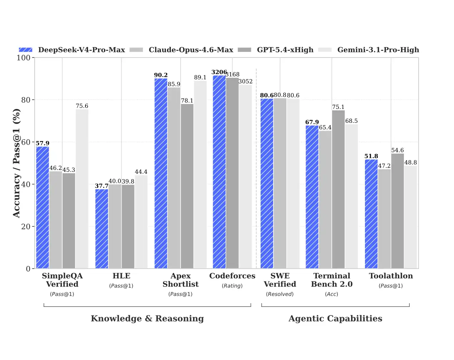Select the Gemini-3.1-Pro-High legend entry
[378, 50]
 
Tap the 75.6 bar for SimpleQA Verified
[82, 189]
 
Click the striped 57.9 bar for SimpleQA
[43, 207]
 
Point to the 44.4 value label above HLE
[141, 172]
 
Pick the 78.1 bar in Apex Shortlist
[187, 186]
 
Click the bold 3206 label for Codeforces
[219, 72]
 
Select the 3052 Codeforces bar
[245, 176]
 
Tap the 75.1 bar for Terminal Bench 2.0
[338, 189]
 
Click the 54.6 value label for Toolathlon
[397, 150]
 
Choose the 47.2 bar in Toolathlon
[384, 219]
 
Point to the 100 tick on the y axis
[24, 57]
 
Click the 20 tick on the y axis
[26, 226]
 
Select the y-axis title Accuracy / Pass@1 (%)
[16, 163]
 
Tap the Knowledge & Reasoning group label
[147, 318]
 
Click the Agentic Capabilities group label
[335, 318]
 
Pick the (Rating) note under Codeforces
[232, 286]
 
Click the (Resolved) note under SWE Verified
[280, 294]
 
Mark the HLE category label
[121, 276]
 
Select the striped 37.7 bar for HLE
[102, 229]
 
